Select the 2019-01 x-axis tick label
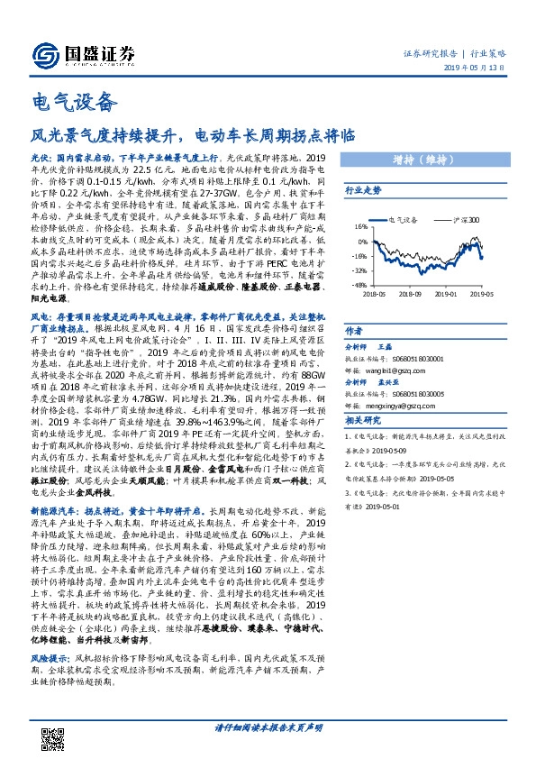[448, 293]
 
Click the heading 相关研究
[364, 421]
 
